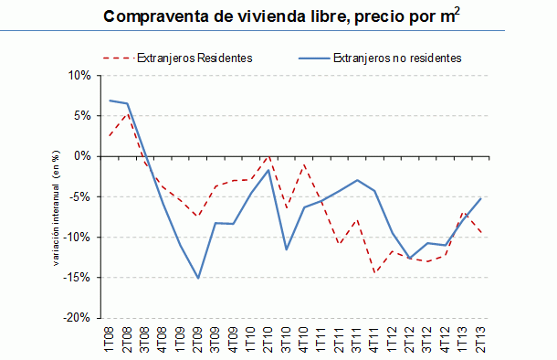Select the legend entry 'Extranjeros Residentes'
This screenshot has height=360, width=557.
tap(193, 58)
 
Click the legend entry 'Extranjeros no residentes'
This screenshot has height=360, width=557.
tap(396, 58)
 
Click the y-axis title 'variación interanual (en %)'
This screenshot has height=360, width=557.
tap(56, 196)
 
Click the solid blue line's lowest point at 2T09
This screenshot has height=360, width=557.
tap(198, 278)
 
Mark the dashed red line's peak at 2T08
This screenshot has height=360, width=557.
tap(128, 114)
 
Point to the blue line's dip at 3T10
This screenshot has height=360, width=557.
tap(286, 249)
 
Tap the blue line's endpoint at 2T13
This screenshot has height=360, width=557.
tap(480, 198)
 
